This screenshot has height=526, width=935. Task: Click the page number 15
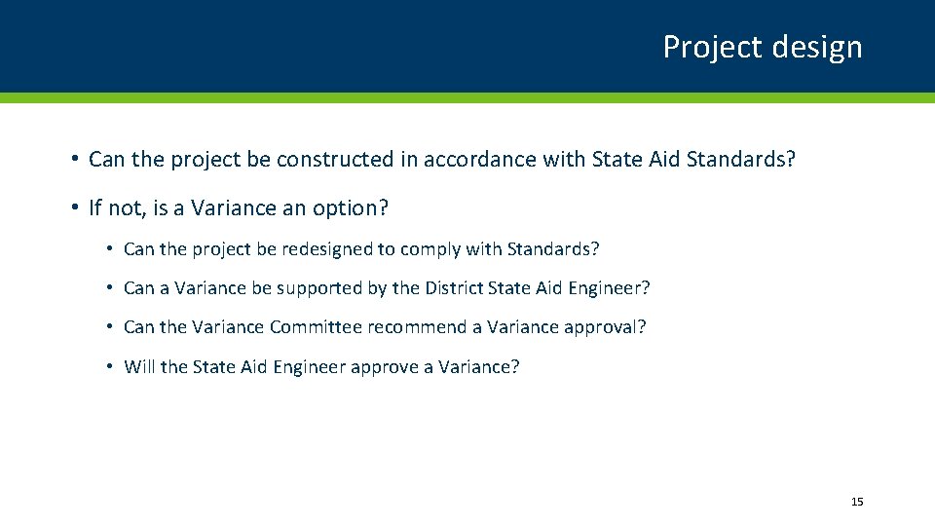pyautogui.click(x=857, y=502)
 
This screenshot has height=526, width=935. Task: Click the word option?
pyautogui.click(x=354, y=208)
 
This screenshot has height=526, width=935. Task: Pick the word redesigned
pyautogui.click(x=326, y=249)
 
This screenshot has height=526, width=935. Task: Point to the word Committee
pyautogui.click(x=316, y=327)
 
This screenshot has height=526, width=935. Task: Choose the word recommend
pyautogui.click(x=418, y=327)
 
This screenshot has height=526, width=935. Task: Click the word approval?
pyautogui.click(x=609, y=328)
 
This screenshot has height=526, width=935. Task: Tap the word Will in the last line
pyautogui.click(x=139, y=366)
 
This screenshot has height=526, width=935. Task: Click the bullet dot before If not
pyautogui.click(x=74, y=208)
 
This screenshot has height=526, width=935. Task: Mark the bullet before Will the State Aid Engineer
pyautogui.click(x=111, y=366)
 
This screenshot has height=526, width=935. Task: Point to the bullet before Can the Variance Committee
pyautogui.click(x=111, y=327)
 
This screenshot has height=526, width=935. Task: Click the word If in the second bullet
pyautogui.click(x=94, y=208)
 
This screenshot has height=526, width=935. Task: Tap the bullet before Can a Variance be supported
pyautogui.click(x=111, y=288)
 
